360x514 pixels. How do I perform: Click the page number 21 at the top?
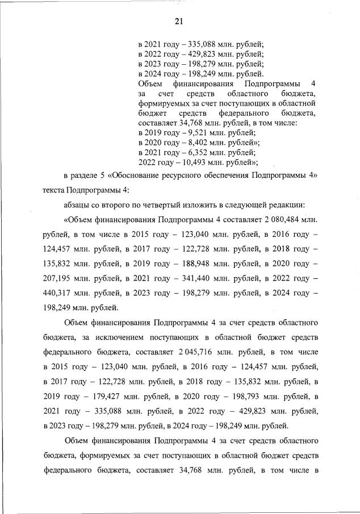(179, 22)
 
